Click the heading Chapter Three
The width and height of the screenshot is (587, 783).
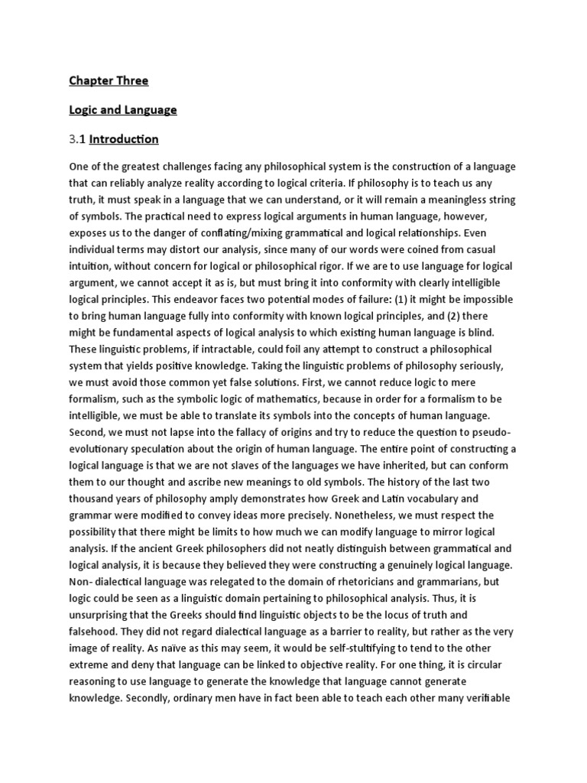[x=109, y=80]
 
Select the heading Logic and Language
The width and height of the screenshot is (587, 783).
[x=122, y=110]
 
